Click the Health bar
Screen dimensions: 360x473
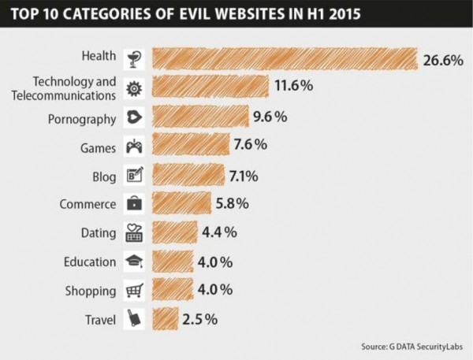284,58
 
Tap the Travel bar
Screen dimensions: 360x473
165,319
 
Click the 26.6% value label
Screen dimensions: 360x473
442,60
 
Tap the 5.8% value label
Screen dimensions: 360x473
233,203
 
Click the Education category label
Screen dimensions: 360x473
90,261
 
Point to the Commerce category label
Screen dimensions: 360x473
88,203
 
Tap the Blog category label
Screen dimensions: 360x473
104,175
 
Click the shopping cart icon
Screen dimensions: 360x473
133,290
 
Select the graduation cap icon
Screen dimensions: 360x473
133,261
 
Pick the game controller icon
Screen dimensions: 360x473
133,147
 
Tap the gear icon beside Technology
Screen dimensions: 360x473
133,87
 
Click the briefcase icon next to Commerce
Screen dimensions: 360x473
133,203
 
